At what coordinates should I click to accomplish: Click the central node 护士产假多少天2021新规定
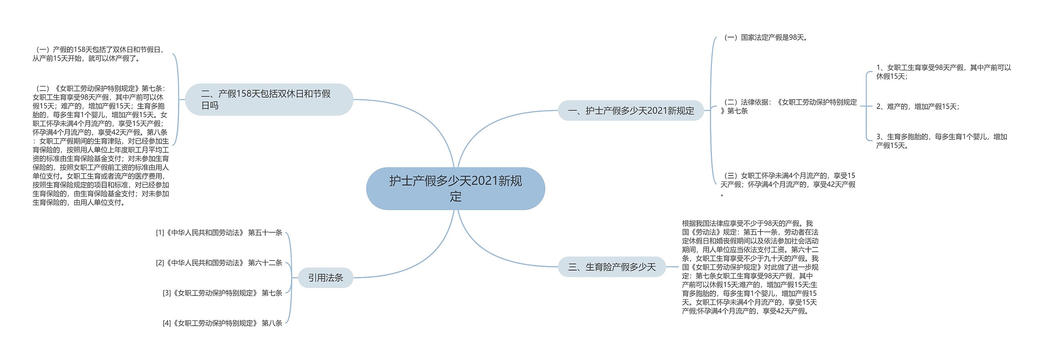[x=455, y=189]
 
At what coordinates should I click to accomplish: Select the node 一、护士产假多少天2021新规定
[x=631, y=111]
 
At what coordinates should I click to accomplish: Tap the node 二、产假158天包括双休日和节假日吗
[x=269, y=100]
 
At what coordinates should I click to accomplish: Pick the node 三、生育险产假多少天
[x=611, y=267]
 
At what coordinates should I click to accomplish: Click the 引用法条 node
[x=325, y=278]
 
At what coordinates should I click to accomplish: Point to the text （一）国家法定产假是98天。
[x=765, y=38]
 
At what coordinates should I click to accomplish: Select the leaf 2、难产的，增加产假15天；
[x=917, y=107]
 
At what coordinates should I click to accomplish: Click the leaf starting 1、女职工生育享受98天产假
[x=943, y=72]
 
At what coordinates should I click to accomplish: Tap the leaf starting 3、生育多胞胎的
[x=941, y=141]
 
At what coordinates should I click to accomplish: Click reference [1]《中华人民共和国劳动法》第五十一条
[x=219, y=233]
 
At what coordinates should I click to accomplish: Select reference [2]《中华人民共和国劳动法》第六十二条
[x=219, y=263]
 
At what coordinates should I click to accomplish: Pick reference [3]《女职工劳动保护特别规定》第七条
[x=222, y=293]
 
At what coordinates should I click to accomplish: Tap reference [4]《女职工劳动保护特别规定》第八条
[x=222, y=323]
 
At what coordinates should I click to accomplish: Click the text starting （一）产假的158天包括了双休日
[x=99, y=54]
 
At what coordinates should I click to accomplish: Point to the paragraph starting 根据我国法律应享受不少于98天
[x=750, y=267]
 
